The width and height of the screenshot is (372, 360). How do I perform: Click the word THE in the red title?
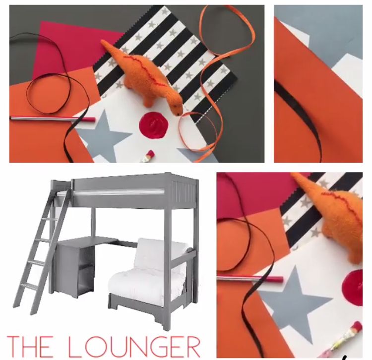28,347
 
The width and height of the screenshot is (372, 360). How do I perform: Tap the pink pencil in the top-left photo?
53,119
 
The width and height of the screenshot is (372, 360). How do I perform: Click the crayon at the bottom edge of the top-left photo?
148,157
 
